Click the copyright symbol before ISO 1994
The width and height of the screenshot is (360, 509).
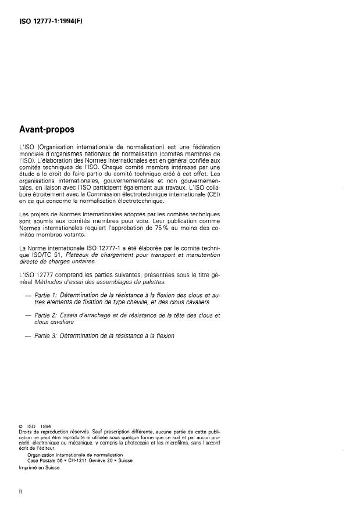point(22,427)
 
